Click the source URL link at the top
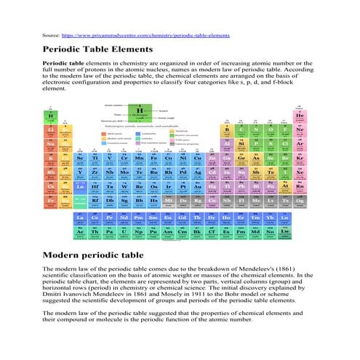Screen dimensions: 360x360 click(145, 35)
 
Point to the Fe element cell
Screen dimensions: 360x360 click(153, 158)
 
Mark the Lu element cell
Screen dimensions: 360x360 click(284, 217)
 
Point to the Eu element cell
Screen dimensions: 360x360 click(167, 217)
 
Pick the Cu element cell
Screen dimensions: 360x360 click(199, 158)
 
